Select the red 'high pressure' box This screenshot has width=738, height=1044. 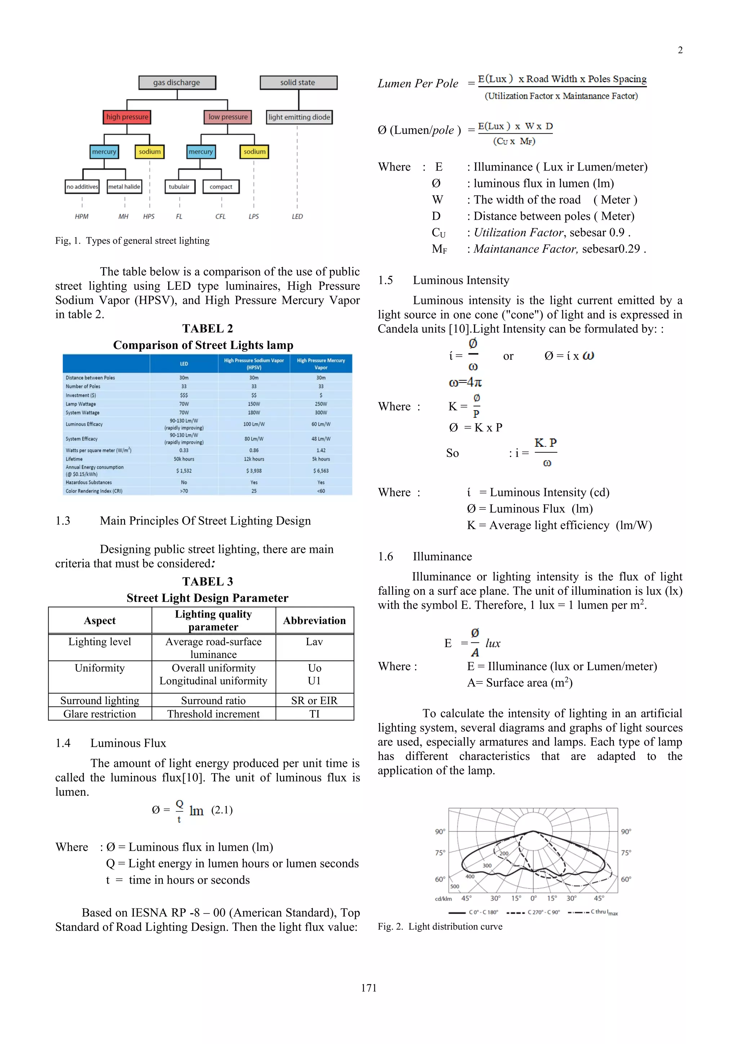click(x=127, y=117)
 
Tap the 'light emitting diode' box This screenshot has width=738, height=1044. click(x=299, y=117)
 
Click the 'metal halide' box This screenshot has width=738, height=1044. click(x=124, y=186)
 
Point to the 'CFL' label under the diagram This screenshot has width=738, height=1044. click(x=221, y=216)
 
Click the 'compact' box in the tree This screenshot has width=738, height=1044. click(x=221, y=186)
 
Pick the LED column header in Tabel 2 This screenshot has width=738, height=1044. click(x=183, y=364)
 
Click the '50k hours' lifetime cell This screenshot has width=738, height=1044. click(x=183, y=459)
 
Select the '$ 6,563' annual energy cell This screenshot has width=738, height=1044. click(x=321, y=470)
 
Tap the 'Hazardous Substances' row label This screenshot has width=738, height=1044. click(x=89, y=482)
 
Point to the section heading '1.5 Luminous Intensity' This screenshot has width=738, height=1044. click(x=444, y=280)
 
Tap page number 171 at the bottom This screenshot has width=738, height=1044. click(x=369, y=988)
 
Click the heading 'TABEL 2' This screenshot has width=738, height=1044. click(x=207, y=328)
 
